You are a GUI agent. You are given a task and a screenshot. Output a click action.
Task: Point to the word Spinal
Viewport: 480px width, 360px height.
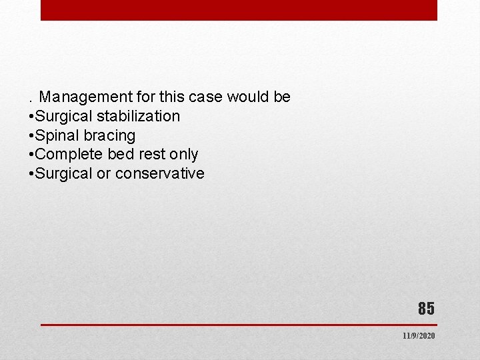[57, 136]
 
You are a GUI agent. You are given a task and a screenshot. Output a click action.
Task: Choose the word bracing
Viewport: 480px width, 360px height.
[109, 136]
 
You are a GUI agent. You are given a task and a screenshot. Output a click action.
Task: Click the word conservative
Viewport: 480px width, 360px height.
[160, 174]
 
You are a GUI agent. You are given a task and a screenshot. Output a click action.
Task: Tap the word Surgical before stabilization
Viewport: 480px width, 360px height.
[65, 117]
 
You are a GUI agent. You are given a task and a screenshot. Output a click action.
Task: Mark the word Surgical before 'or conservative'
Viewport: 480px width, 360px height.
[65, 174]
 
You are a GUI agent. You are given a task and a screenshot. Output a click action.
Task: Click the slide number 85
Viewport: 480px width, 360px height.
[426, 309]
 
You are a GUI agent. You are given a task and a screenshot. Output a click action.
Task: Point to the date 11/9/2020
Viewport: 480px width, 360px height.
[419, 336]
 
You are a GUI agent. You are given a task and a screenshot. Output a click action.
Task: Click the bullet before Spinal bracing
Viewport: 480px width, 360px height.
[31, 136]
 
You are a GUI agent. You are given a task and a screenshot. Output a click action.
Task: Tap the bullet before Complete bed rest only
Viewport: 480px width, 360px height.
[31, 155]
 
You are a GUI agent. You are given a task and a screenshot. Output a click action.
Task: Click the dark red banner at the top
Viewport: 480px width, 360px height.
[239, 10]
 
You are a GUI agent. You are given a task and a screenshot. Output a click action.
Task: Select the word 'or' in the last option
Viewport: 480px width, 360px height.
[105, 174]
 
